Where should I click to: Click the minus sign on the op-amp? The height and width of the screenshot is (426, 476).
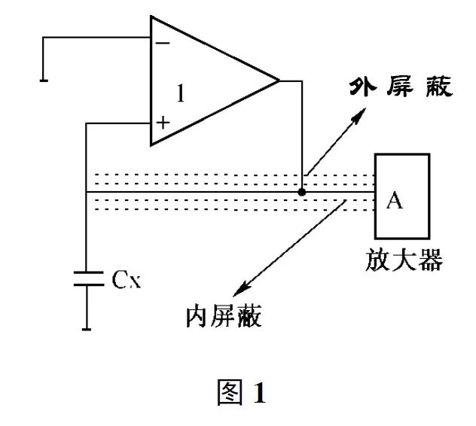[162, 43]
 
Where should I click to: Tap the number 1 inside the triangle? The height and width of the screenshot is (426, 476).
[180, 93]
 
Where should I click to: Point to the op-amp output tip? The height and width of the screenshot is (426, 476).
[279, 80]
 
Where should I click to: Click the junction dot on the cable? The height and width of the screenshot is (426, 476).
[302, 192]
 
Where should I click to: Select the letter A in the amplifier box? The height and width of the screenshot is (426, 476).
[394, 201]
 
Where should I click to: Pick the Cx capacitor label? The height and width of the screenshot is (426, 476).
[127, 280]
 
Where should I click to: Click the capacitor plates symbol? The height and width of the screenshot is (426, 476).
[87, 278]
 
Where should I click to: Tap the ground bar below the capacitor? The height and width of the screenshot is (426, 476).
[87, 327]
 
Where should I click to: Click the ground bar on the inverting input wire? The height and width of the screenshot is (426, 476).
[44, 78]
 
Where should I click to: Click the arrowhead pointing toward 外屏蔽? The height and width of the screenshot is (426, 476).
[362, 112]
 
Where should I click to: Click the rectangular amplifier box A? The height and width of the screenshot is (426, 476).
[402, 195]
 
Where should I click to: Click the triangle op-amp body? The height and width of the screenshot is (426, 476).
[203, 81]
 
